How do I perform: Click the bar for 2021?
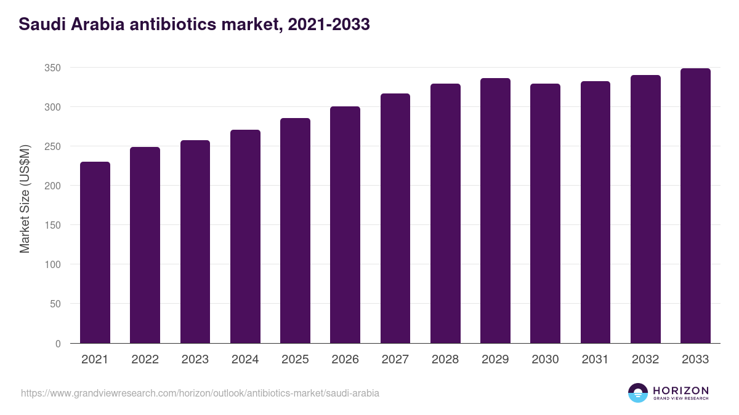[x=95, y=252]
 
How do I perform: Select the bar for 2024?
[x=245, y=237]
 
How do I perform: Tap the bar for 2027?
[x=395, y=218]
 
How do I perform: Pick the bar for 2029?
[x=495, y=211]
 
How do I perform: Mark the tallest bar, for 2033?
[x=695, y=206]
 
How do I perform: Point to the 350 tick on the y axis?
[x=52, y=68]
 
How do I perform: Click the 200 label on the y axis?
[x=52, y=186]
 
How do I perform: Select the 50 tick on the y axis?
[x=55, y=304]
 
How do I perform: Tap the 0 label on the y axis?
[x=58, y=344]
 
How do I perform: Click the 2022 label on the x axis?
[x=145, y=360]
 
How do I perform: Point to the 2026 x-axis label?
[x=345, y=360]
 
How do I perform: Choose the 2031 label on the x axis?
[x=595, y=360]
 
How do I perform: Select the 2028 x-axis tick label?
[x=445, y=360]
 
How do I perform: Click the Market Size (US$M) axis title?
[x=25, y=199]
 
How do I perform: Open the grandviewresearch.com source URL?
[x=200, y=393]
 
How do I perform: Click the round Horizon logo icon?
[x=638, y=393]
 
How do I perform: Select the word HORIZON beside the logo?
[x=681, y=390]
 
